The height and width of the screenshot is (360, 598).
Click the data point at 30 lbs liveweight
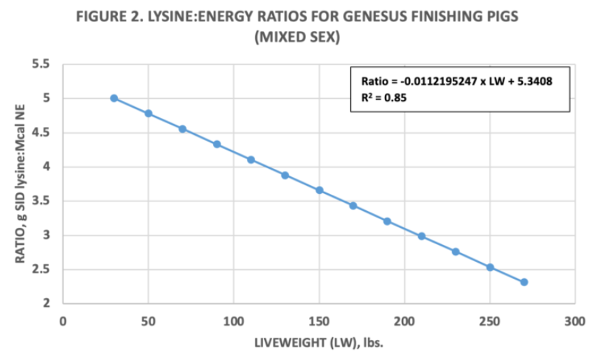(x=114, y=98)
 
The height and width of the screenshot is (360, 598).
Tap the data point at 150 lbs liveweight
(x=319, y=190)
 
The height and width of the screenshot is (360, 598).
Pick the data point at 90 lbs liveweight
(x=217, y=144)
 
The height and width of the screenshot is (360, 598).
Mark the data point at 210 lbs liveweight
(x=422, y=236)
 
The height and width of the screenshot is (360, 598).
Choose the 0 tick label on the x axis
(x=63, y=320)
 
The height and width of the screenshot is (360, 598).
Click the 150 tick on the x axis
(x=319, y=320)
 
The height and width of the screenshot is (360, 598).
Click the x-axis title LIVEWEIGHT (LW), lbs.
(x=319, y=345)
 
